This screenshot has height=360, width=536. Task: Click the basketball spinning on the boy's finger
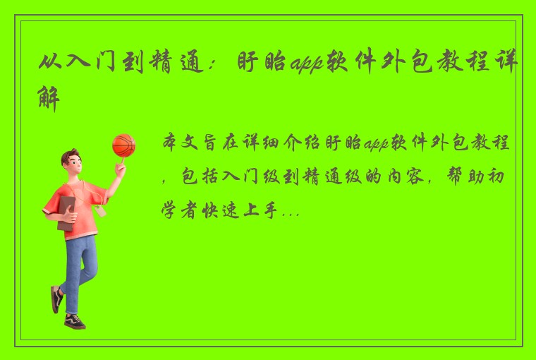click(123, 145)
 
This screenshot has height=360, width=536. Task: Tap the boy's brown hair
click(70, 157)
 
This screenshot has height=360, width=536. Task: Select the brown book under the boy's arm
click(66, 212)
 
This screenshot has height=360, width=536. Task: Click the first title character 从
click(51, 64)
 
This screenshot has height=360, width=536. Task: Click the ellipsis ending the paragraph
click(291, 210)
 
